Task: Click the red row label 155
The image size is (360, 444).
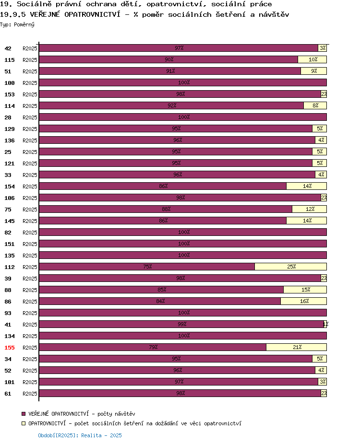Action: pos(9,348)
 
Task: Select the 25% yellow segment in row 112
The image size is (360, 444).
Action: pos(290,267)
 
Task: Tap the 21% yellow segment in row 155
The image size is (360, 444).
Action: pos(297,347)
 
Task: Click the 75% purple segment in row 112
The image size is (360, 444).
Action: pos(147,267)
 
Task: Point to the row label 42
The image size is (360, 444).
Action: pos(8,48)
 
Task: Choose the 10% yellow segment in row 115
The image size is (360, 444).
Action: pos(312,59)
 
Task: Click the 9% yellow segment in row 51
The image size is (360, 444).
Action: pos(314,71)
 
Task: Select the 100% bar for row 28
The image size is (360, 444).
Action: pos(183,117)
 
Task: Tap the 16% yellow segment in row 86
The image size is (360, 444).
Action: pos(303,301)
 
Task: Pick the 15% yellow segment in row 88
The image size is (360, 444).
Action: pos(305,290)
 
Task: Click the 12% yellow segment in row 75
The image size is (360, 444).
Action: pos(310,209)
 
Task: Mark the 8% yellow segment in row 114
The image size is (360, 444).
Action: pos(315,105)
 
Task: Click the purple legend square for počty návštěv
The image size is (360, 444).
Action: pos(24,414)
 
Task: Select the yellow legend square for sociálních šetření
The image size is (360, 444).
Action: pos(24,423)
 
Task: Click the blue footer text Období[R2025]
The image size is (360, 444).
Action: pos(57,435)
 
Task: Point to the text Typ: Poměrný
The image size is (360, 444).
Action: pos(17,24)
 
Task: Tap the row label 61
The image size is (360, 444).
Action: pos(8,394)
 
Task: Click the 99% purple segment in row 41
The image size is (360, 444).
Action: pos(181,324)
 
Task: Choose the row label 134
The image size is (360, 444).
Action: pos(9,336)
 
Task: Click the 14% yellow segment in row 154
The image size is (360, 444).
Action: pos(306,186)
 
